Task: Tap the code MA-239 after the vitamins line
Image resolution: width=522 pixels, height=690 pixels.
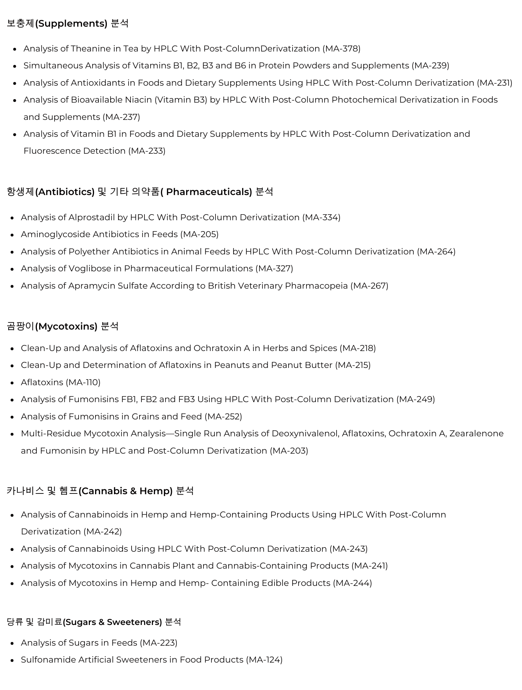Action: click(430, 66)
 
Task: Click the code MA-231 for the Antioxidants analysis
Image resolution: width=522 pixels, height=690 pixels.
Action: click(495, 83)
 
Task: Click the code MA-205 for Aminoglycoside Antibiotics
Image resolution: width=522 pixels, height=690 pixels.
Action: click(199, 235)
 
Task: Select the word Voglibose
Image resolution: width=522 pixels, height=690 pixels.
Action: click(90, 269)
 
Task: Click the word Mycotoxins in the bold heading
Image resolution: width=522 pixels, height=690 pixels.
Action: click(66, 327)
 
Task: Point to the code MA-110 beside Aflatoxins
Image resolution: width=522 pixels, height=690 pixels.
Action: click(83, 383)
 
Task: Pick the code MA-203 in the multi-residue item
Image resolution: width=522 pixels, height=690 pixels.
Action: click(289, 451)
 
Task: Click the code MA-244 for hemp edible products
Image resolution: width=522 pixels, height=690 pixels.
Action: click(352, 583)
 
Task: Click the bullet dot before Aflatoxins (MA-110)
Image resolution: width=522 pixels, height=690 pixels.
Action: click(12, 383)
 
